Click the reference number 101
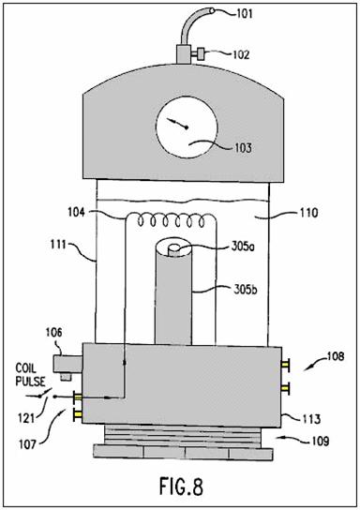(244, 14)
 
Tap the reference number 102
(241, 54)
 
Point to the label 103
(243, 148)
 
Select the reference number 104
(76, 213)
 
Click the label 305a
(243, 247)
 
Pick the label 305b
(246, 289)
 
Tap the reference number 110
(308, 213)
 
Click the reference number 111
(58, 245)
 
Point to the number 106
(53, 333)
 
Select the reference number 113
(310, 419)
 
